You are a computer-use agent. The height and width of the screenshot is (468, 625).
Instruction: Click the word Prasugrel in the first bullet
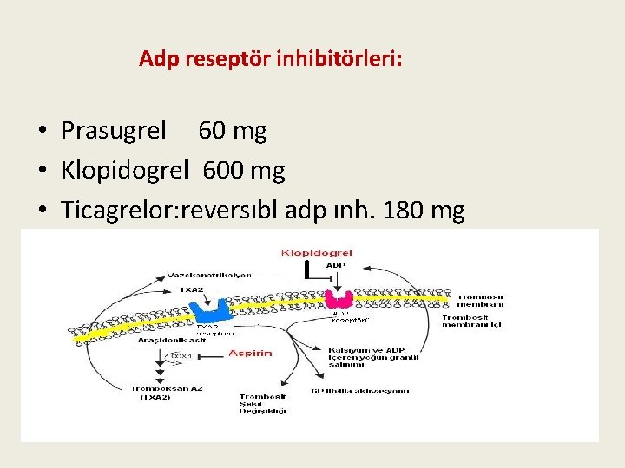[x=114, y=131]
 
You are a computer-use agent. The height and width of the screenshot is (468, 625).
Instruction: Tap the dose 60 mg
[x=233, y=131]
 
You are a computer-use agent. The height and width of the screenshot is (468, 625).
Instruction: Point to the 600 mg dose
[x=244, y=171]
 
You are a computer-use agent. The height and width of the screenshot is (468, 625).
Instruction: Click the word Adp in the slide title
[x=157, y=60]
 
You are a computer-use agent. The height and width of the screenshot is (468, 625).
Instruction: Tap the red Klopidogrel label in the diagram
[x=317, y=253]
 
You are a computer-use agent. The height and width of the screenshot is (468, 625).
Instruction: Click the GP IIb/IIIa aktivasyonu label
[x=359, y=392]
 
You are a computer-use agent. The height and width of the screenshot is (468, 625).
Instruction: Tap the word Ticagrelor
[x=117, y=210]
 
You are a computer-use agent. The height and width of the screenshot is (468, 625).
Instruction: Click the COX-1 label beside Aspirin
[x=180, y=355]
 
